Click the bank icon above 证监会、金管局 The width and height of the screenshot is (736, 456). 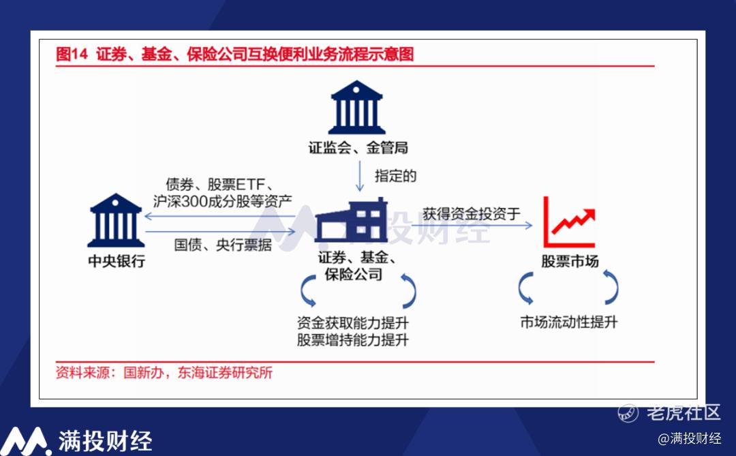356,108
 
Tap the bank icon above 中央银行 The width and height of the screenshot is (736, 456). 116,220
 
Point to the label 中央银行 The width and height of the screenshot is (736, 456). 117,261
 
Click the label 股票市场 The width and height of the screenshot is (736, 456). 570,261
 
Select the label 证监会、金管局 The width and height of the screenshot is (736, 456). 358,148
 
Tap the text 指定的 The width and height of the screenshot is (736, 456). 395,176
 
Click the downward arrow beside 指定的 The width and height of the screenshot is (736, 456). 360,176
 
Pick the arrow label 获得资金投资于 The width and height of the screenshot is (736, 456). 472,214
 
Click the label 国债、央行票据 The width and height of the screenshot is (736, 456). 222,245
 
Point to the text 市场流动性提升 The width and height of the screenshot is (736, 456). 569,322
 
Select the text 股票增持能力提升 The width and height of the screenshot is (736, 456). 352,339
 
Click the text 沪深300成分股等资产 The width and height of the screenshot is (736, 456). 222,202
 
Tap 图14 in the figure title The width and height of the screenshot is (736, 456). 72,54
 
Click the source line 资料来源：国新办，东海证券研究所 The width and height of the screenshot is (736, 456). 164,373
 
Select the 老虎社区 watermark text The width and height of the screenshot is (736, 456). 683,413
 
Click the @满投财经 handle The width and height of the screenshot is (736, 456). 690,439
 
